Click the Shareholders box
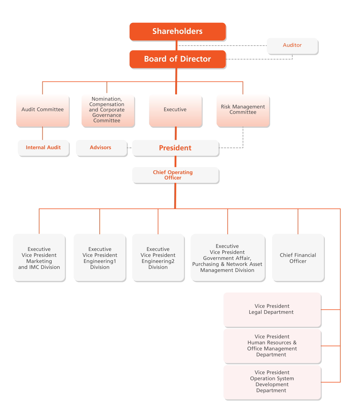point(177,31)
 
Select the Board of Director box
point(177,59)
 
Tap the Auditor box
point(292,46)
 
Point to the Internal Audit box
point(43,148)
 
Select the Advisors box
point(102,148)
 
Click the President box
point(175,148)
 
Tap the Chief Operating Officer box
point(175,175)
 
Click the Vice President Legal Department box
point(272,309)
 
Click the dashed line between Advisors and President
point(130,148)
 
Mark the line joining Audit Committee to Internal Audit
point(42,133)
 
